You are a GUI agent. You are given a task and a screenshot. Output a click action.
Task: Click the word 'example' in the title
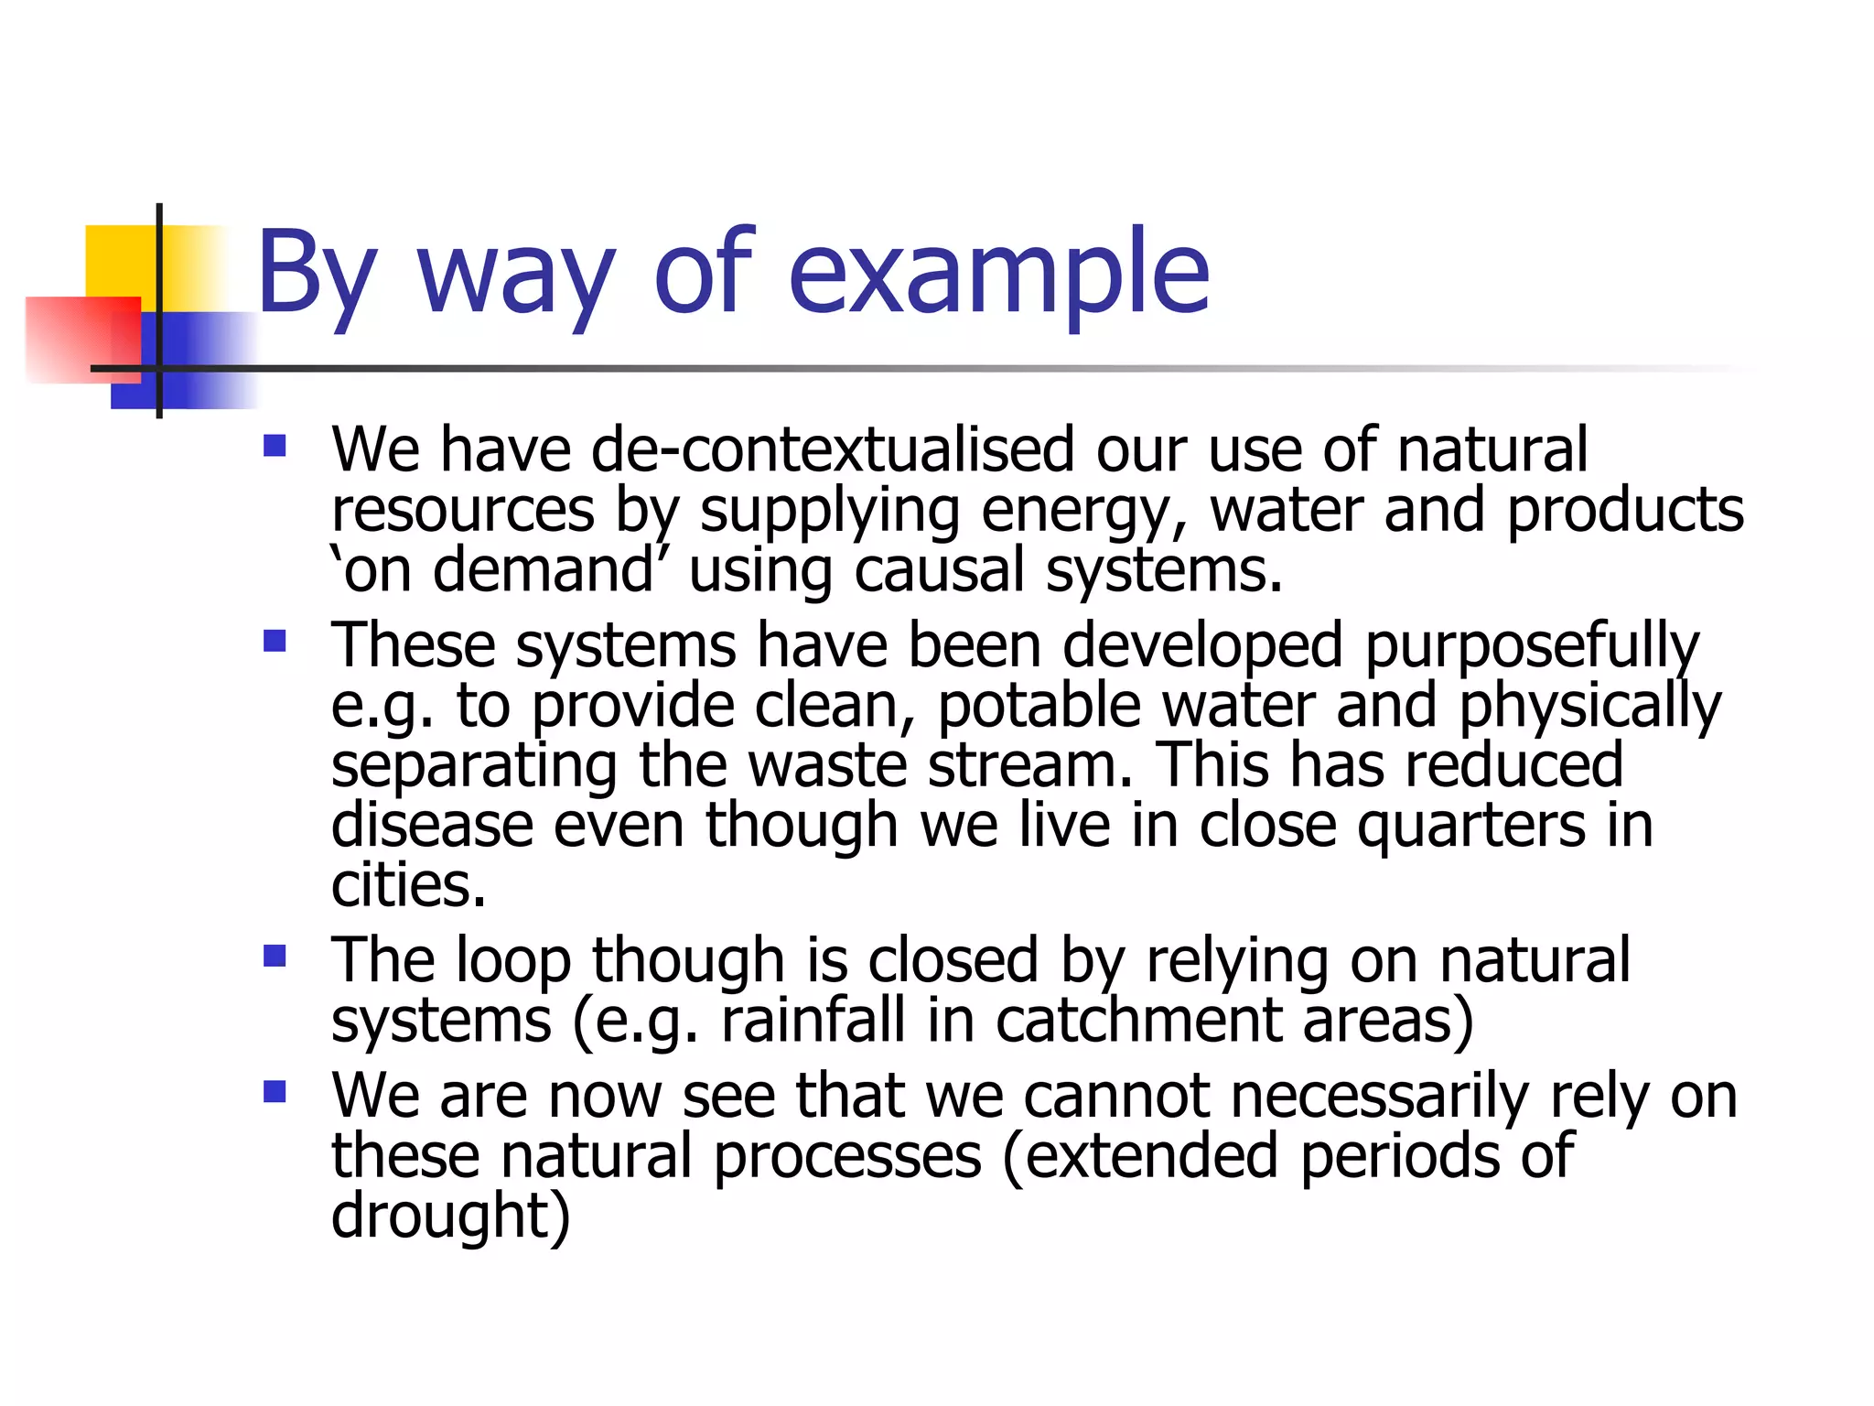998,273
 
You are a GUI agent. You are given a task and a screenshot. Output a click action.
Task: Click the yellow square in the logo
119,260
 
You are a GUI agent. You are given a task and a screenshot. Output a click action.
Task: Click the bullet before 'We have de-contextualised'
275,447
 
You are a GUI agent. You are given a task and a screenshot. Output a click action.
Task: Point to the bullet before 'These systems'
275,640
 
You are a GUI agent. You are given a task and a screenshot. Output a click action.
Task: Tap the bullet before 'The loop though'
275,957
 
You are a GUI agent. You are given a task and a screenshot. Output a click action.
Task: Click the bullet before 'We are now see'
275,1091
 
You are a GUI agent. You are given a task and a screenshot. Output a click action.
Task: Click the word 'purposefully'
1532,646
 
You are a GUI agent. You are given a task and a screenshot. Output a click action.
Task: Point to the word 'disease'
431,826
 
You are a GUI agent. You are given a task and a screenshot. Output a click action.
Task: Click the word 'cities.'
408,886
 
